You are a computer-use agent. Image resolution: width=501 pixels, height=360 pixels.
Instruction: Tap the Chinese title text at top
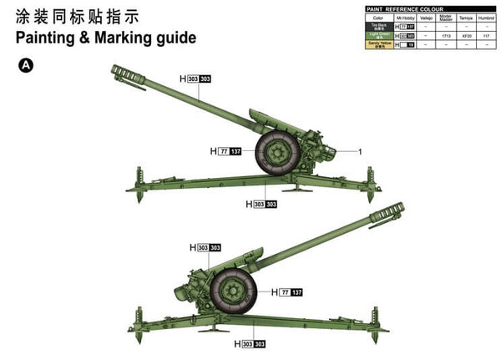76,16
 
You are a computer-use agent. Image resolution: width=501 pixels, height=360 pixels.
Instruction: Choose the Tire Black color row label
380,26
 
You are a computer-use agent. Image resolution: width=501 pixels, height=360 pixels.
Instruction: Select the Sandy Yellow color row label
380,45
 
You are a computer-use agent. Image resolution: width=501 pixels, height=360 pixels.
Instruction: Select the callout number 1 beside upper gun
360,151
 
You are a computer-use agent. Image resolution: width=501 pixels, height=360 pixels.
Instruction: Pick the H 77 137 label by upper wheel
226,151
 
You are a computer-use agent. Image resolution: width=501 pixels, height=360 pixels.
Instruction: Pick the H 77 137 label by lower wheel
291,292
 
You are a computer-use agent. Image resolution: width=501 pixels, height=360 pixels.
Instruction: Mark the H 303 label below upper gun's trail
261,204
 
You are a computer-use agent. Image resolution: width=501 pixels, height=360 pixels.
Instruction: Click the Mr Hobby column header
406,17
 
